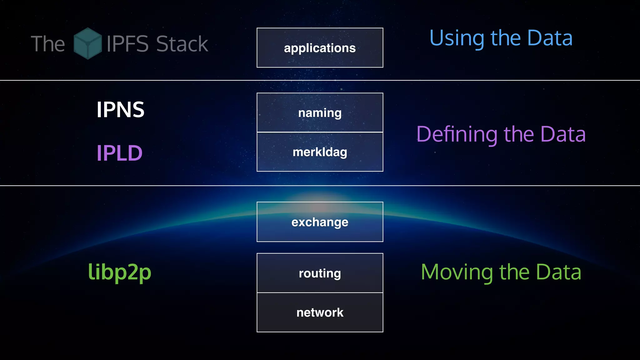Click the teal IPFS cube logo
87,43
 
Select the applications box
320,48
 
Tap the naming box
320,113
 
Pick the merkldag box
320,152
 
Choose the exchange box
320,222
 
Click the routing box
320,273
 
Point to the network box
320,312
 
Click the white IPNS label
120,110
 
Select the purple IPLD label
119,153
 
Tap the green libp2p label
120,272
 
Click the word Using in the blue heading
457,38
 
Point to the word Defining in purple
457,134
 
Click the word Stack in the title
182,44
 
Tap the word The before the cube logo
48,44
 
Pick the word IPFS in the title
127,44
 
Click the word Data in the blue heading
550,38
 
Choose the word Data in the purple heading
563,134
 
